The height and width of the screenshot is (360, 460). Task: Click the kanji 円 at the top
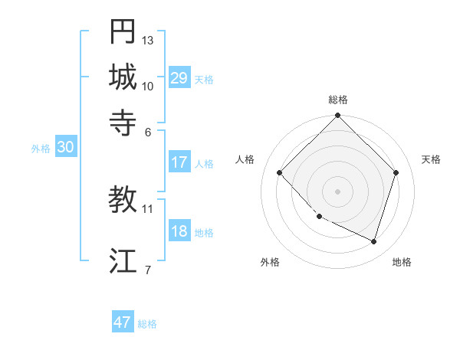point(123,32)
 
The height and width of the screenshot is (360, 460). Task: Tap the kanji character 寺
point(123,122)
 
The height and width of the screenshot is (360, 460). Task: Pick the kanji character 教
point(123,200)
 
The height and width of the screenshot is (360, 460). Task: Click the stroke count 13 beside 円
point(148,40)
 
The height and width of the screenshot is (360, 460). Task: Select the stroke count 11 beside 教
point(148,208)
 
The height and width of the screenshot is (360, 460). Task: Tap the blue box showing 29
point(179,78)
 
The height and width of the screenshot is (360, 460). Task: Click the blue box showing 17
point(179,162)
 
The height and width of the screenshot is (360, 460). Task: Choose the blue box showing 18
point(179,232)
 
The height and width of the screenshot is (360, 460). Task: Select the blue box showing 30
point(65,148)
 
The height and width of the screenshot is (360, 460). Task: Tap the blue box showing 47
point(123,322)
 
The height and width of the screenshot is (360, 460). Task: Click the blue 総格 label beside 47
point(147,324)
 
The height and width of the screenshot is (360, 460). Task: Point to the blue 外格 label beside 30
point(41,149)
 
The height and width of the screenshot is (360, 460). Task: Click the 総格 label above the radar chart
point(338,100)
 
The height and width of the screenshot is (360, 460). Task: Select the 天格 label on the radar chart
point(432,159)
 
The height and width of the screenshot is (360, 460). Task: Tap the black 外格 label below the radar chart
point(270,262)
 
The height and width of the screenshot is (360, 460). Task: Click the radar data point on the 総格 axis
point(338,116)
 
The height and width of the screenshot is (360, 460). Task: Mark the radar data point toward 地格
point(373,241)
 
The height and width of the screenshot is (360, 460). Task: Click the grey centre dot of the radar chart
point(338,191)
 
